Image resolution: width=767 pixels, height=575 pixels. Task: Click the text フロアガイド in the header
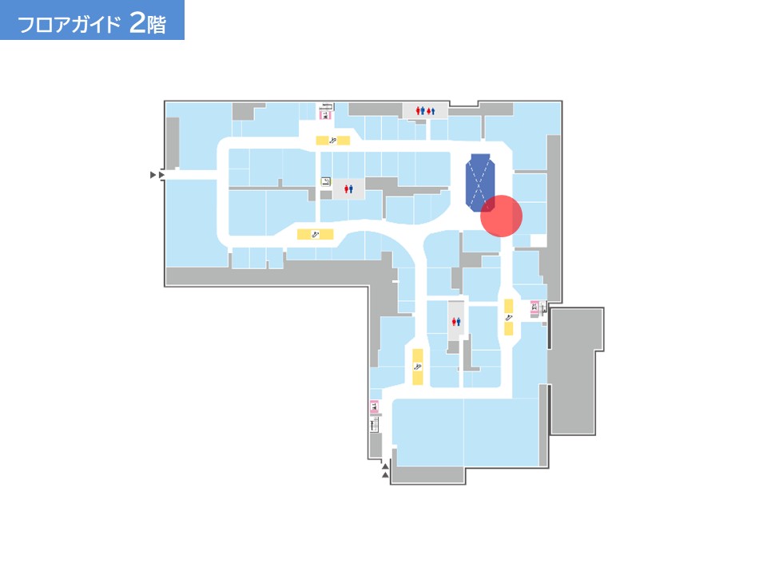pos(69,24)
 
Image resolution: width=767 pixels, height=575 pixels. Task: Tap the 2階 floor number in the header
pos(148,22)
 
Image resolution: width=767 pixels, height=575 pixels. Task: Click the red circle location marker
pos(502,216)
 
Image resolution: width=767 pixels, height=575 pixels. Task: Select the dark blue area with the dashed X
pos(480,182)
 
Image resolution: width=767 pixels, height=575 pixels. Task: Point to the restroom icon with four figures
pos(425,111)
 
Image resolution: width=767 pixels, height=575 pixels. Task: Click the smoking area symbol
pos(326,182)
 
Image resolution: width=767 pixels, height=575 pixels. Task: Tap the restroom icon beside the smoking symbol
pos(348,188)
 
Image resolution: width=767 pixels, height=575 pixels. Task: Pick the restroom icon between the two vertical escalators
pos(456,322)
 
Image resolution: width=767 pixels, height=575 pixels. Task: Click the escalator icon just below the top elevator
pos(332,141)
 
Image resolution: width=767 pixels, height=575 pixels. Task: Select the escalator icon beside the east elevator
pos(509,317)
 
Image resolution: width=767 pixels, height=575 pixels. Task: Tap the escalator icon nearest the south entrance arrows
pos(418,367)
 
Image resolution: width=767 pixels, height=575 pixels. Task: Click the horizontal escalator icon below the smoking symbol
pos(316,235)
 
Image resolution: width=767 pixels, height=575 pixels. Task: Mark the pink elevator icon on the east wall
pos(535,307)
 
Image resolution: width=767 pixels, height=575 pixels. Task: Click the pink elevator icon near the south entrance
pos(374,406)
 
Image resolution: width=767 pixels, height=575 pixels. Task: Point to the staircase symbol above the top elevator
pos(326,106)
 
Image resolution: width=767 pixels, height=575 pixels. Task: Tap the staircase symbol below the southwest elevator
pos(374,424)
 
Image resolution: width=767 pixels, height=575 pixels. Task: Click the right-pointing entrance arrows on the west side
pos(157,175)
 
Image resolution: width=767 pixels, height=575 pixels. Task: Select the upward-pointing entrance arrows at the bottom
pos(385,470)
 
